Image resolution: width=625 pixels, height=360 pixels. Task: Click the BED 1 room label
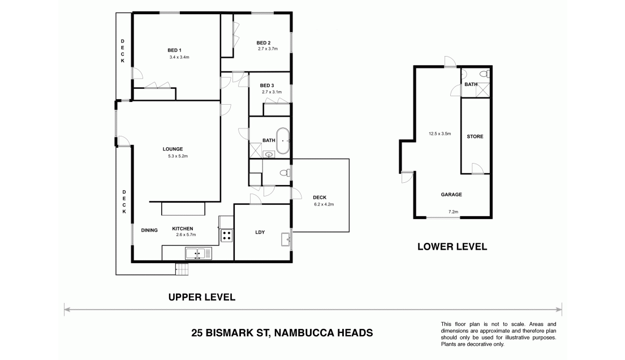click(174, 50)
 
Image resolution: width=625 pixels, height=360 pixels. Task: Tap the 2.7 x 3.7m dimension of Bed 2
click(268, 49)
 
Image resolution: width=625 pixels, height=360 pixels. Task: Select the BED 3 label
click(266, 85)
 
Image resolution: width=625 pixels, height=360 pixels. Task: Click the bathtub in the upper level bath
click(283, 141)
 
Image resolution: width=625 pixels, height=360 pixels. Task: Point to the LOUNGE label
click(173, 149)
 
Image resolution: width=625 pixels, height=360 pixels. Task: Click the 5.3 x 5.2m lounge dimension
click(178, 156)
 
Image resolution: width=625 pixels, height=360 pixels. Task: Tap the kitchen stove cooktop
click(227, 235)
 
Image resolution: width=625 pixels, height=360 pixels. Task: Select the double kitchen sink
click(199, 254)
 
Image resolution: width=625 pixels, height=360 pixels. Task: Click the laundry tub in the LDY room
click(286, 239)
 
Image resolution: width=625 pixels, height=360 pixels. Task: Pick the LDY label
click(260, 232)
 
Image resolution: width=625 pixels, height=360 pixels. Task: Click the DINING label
click(149, 230)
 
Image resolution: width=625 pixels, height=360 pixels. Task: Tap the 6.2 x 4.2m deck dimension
click(324, 204)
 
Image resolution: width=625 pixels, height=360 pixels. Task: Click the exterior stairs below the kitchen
click(182, 269)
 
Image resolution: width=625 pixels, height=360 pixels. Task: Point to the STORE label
click(475, 136)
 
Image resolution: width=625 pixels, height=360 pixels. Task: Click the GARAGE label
click(451, 195)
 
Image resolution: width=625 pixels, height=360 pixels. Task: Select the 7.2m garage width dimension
click(453, 212)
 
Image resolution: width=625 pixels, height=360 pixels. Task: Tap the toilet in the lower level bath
click(484, 74)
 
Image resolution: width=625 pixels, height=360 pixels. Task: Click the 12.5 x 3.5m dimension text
click(439, 134)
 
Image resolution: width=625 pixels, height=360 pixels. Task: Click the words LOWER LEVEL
click(452, 247)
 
